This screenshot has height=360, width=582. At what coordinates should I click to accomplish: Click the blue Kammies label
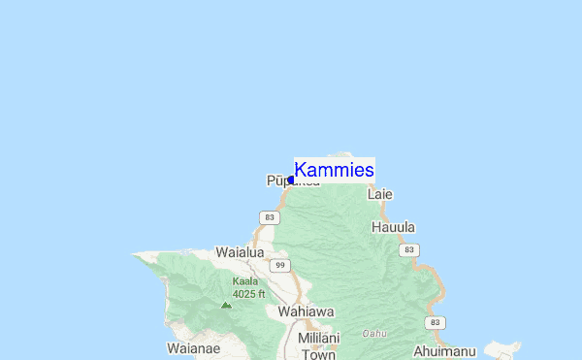335,171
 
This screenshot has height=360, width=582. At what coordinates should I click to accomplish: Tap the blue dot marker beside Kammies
291,180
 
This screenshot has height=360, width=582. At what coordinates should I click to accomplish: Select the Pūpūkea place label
281,181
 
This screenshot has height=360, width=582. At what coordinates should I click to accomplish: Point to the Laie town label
380,194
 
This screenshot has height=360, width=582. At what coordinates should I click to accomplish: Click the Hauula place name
393,227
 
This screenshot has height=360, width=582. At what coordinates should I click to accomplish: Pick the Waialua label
240,251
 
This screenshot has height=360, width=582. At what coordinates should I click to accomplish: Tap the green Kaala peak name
245,281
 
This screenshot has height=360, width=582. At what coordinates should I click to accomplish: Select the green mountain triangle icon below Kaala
226,305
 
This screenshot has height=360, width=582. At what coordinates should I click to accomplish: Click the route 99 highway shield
279,265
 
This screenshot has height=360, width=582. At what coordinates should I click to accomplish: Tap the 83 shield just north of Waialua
270,217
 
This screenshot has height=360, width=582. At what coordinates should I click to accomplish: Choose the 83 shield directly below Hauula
410,249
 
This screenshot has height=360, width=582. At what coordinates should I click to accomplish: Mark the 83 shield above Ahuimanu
436,322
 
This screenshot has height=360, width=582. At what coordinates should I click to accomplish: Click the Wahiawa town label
306,311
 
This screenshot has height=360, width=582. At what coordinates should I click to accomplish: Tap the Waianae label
193,347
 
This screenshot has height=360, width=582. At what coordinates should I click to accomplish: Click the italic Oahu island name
374,333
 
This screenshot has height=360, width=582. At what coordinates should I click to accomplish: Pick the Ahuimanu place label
446,351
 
